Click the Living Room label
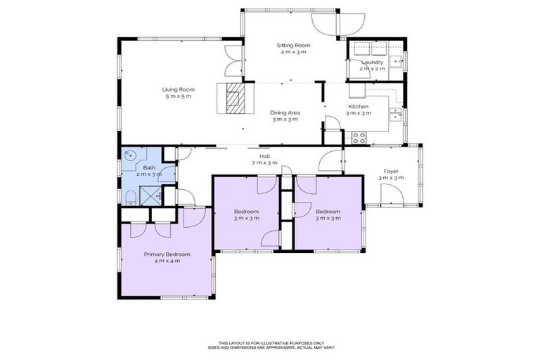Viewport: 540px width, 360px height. click(x=178, y=89)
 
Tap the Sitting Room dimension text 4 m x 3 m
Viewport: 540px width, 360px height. click(x=293, y=52)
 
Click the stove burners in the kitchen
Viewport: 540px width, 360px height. click(x=359, y=137)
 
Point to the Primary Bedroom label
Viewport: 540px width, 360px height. click(x=167, y=254)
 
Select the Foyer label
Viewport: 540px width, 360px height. click(x=391, y=171)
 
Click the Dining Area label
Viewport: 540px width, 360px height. click(x=285, y=112)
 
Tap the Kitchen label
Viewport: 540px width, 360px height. click(x=359, y=106)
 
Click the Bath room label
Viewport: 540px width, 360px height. click(x=149, y=167)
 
